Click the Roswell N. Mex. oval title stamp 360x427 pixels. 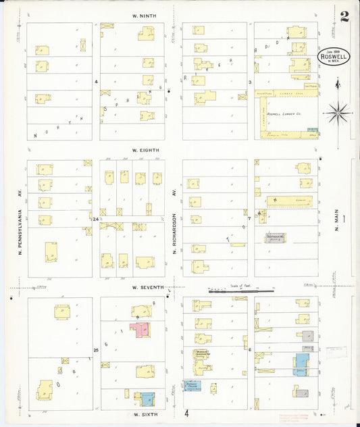click(x=330, y=56)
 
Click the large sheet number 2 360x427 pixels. click(x=344, y=17)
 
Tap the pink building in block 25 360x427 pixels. click(x=144, y=330)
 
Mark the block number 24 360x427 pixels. click(x=97, y=219)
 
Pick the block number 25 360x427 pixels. click(x=97, y=350)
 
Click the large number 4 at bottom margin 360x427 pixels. click(x=185, y=413)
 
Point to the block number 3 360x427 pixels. click(x=250, y=82)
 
